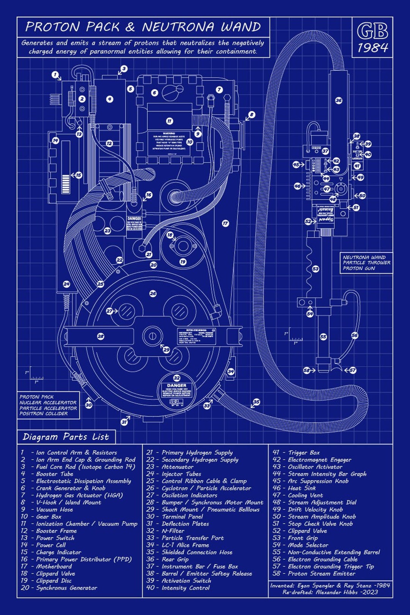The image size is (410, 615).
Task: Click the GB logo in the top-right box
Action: point(372,31)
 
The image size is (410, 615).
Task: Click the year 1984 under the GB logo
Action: point(372,48)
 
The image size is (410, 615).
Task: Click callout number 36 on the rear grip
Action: point(339,101)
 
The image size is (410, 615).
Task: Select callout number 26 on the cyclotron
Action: point(153,293)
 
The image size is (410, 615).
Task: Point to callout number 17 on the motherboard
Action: point(225,223)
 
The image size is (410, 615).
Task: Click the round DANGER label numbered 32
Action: point(177,390)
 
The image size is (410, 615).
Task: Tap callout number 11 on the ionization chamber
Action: point(169,121)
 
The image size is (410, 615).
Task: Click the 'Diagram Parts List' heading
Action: point(66,437)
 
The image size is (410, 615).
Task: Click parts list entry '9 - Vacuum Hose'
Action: point(47,509)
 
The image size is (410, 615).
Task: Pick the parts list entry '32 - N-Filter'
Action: point(166,531)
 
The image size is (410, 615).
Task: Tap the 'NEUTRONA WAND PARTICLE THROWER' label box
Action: point(366,263)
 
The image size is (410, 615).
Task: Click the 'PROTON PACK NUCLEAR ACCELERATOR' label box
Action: point(48,405)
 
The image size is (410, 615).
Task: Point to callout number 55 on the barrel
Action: point(323,337)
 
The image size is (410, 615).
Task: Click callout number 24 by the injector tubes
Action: point(66,284)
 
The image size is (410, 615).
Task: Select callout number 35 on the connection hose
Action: point(257,402)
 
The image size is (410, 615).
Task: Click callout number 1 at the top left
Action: point(55,75)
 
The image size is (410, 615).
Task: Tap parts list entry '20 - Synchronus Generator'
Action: point(59,588)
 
